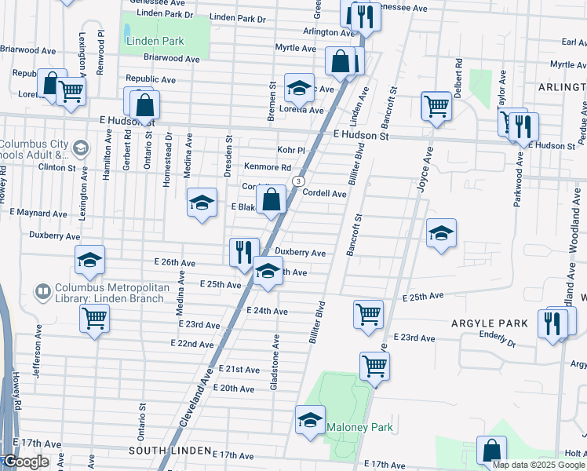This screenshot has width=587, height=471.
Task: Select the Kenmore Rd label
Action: (x=267, y=167)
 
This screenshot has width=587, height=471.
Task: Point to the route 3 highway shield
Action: (x=299, y=181)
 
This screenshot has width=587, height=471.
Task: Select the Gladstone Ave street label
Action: (x=275, y=360)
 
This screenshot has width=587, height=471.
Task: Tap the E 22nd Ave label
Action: (x=192, y=344)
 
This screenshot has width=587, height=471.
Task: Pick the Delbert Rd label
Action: (x=459, y=73)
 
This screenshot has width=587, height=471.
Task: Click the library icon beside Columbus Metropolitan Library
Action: (x=42, y=291)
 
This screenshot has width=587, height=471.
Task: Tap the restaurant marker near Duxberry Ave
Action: (x=243, y=252)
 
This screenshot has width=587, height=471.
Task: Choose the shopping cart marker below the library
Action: (x=94, y=319)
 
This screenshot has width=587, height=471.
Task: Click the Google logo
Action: (x=25, y=462)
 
